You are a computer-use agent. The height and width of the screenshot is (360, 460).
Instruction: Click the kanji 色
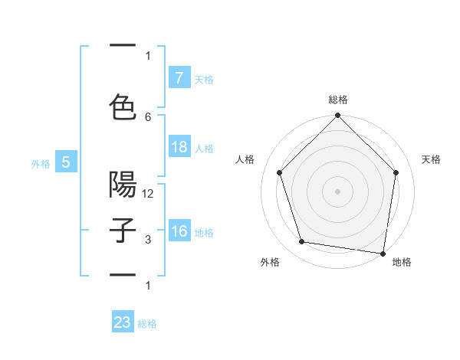pyautogui.click(x=123, y=106)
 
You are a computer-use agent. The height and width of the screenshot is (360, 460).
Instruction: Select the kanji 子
pyautogui.click(x=123, y=231)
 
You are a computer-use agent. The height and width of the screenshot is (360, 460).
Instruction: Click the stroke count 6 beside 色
pyautogui.click(x=148, y=116)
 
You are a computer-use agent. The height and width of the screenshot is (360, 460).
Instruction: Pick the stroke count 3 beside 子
pyautogui.click(x=148, y=240)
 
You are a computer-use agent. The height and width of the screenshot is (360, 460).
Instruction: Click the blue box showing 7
pyautogui.click(x=179, y=78)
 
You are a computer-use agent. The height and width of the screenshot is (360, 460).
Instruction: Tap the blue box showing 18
pyautogui.click(x=179, y=147)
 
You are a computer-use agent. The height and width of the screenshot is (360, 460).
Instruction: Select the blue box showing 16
pyautogui.click(x=179, y=231)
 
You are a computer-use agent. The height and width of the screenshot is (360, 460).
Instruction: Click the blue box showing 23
pyautogui.click(x=123, y=322)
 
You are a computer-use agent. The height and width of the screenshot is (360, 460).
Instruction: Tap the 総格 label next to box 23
pyautogui.click(x=148, y=324)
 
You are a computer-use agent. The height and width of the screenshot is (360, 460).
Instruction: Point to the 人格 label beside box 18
pyautogui.click(x=204, y=148)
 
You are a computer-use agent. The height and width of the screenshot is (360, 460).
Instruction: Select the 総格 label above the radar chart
pyautogui.click(x=338, y=100)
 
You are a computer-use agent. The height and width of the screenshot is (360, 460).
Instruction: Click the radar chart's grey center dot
pyautogui.click(x=338, y=191)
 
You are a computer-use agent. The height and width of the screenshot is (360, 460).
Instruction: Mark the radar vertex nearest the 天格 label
pyautogui.click(x=396, y=172)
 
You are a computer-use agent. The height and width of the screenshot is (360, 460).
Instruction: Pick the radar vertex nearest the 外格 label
pyautogui.click(x=302, y=242)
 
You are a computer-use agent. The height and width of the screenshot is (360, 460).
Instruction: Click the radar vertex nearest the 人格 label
pyautogui.click(x=280, y=172)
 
